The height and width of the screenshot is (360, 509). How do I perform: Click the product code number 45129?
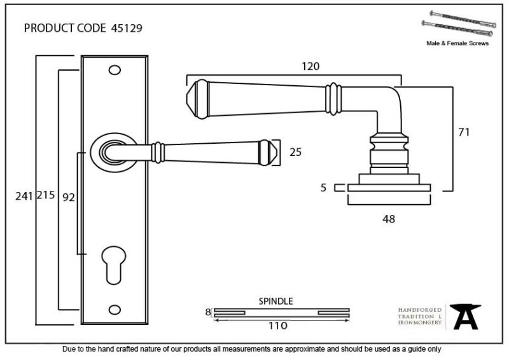coord(127,28)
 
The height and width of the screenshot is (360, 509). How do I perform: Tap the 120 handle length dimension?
coord(310,66)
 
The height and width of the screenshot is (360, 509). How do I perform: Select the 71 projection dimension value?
coord(464,132)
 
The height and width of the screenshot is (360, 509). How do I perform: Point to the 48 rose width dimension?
coord(389,219)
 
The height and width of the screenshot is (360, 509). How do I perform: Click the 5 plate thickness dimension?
coord(323,188)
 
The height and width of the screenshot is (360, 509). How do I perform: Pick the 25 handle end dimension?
coord(295,152)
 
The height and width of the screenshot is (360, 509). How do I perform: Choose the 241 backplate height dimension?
coord(24,196)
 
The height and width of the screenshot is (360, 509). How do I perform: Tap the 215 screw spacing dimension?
coord(45,195)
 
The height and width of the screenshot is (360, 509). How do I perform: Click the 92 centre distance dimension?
coord(69,197)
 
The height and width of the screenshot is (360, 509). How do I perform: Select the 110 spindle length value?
coord(278,326)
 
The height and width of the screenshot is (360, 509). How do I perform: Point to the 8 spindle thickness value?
coord(208,312)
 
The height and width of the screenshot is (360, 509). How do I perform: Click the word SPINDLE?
coord(275,301)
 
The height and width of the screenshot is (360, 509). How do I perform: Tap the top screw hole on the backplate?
coord(115,70)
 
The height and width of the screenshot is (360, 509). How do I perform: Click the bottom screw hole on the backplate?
coord(115,309)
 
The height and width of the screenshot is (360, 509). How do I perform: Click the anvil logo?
coord(466,316)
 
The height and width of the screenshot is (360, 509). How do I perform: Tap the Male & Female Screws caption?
coord(457,43)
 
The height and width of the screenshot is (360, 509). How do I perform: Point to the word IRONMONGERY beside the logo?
coord(420,322)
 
